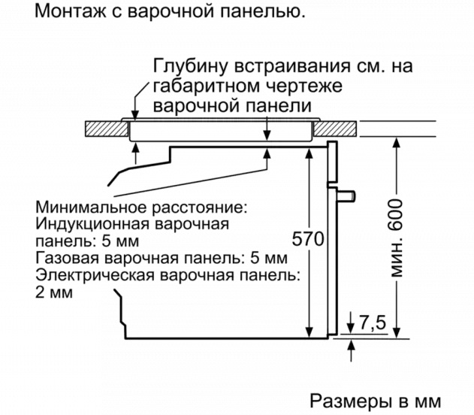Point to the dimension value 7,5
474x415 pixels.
coord(371,323)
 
